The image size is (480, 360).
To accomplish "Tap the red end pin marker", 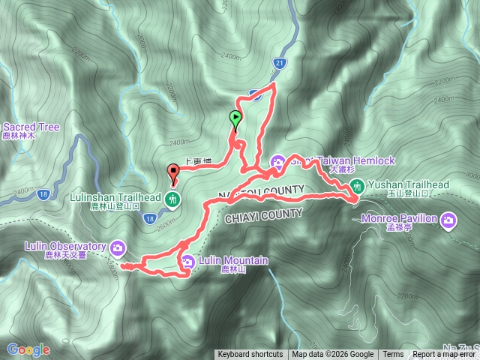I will (175, 175).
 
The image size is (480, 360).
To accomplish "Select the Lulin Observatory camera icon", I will (118, 247).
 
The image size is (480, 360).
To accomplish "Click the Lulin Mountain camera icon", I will (187, 261).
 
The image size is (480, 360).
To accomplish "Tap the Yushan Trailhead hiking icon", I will (358, 185).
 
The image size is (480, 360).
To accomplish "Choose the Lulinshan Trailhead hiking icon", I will (174, 199).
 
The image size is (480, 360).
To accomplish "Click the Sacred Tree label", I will (31, 127).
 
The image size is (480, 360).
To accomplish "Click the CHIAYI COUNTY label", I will (263, 214).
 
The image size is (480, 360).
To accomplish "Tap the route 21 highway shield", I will (279, 63).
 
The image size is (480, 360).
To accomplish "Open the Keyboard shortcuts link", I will (250, 355).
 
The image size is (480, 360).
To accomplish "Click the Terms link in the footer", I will (392, 355).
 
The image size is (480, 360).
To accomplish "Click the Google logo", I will (28, 349).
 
